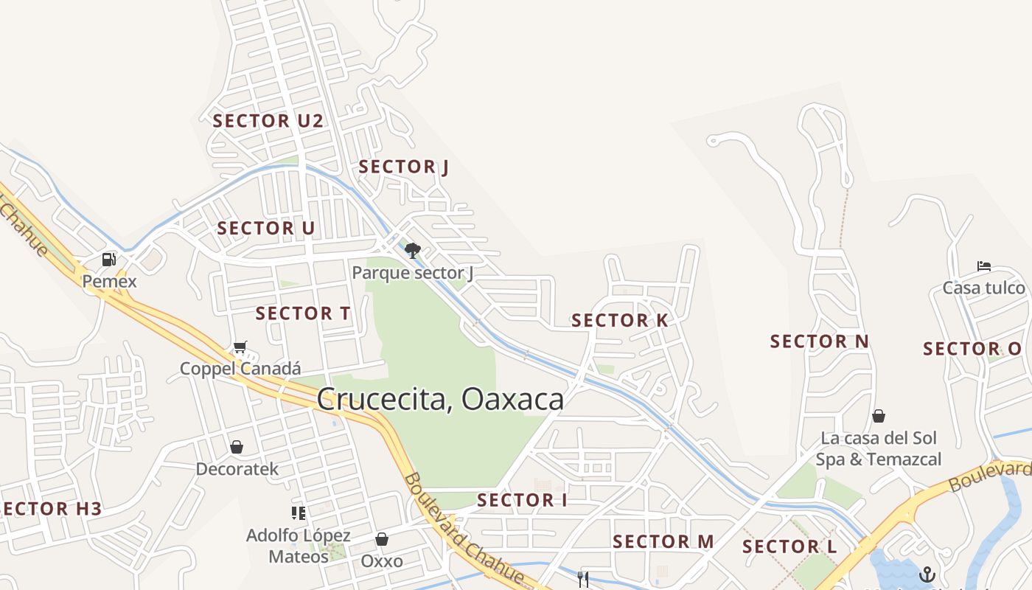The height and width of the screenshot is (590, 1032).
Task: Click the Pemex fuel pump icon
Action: [109, 260]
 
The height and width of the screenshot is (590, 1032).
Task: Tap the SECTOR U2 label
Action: [268, 121]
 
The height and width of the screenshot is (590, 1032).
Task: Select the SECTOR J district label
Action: [403, 167]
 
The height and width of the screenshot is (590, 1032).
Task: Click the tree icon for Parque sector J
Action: [413, 251]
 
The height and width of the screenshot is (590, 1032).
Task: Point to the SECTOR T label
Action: [303, 313]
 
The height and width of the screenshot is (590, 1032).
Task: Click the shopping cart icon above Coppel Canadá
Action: [240, 347]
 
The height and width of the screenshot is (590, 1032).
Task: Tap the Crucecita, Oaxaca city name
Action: [440, 399]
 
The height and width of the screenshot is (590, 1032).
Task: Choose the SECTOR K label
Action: [619, 321]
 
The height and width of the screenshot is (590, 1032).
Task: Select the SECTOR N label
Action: [820, 341]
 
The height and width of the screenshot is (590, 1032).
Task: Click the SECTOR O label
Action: [972, 349]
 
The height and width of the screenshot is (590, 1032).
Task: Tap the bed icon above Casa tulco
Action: [983, 266]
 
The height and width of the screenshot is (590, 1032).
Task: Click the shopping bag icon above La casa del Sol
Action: [878, 416]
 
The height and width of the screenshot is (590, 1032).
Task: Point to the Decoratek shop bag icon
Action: [237, 447]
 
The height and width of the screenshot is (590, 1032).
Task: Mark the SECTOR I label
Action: [522, 500]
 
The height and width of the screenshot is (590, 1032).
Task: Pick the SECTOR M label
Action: [663, 542]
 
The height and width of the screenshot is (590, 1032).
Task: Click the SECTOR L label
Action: [789, 547]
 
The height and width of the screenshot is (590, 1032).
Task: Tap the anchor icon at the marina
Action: [927, 575]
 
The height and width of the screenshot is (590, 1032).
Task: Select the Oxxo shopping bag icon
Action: [382, 539]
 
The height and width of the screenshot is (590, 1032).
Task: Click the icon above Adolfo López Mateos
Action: [298, 513]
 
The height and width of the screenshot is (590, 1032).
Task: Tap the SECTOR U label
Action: [265, 229]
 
